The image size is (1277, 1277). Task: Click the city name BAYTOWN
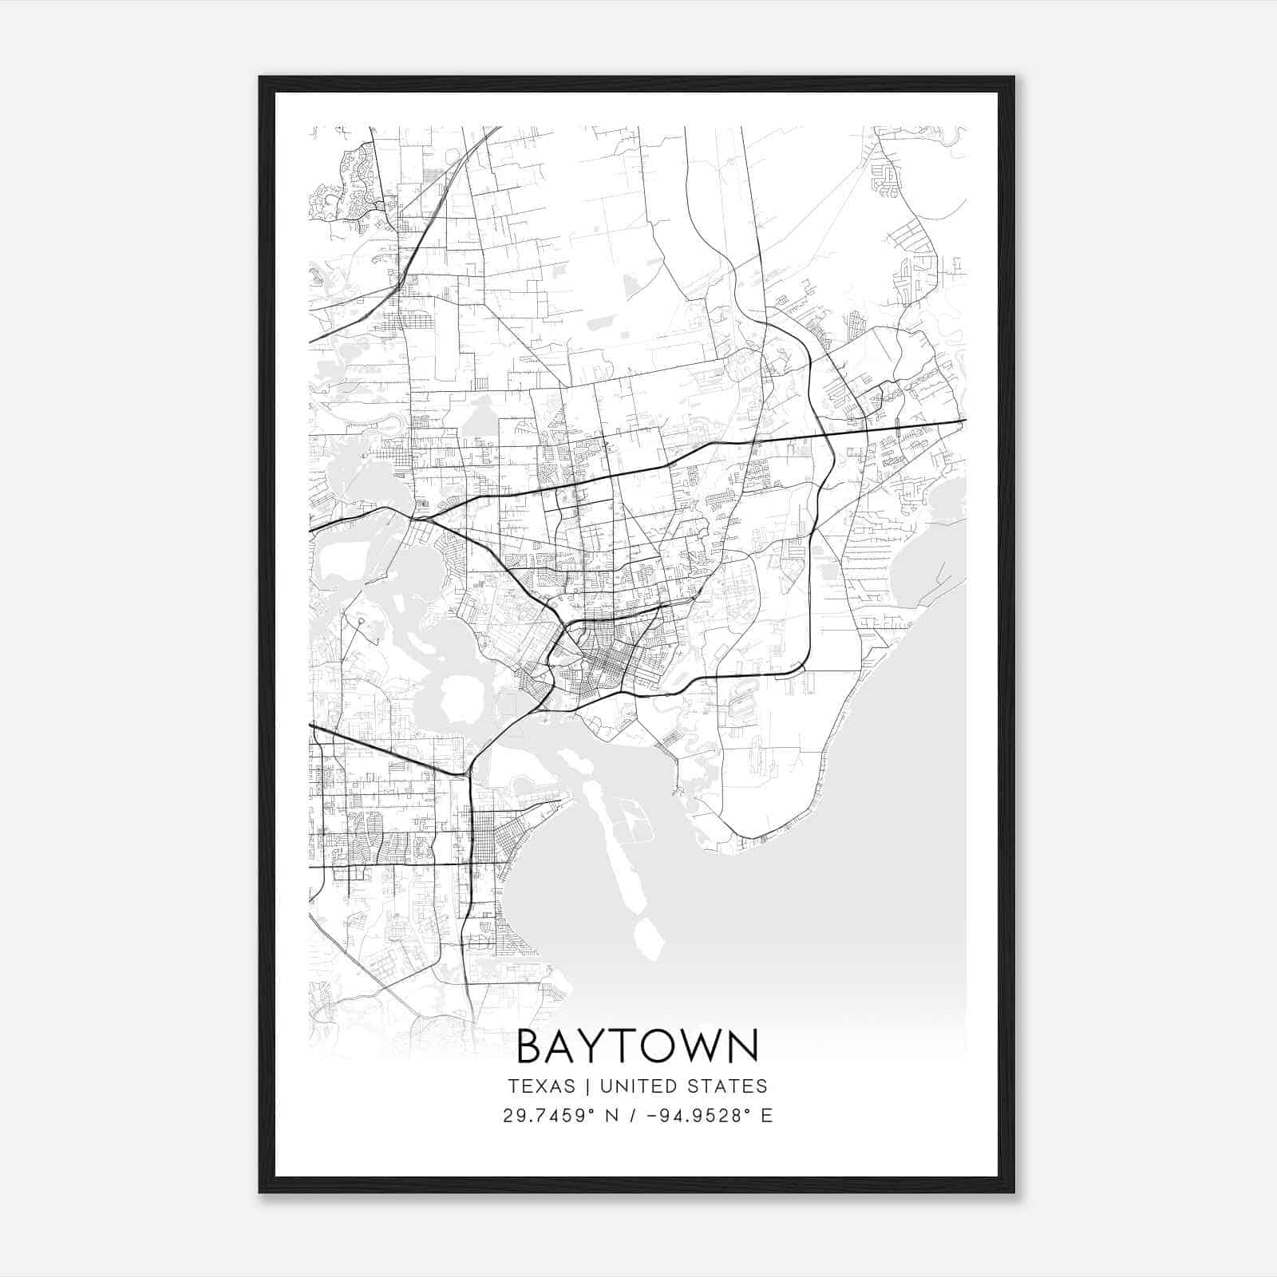coord(638,1046)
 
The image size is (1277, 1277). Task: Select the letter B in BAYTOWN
coord(531,1046)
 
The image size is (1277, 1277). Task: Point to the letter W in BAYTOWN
coord(694,1046)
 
